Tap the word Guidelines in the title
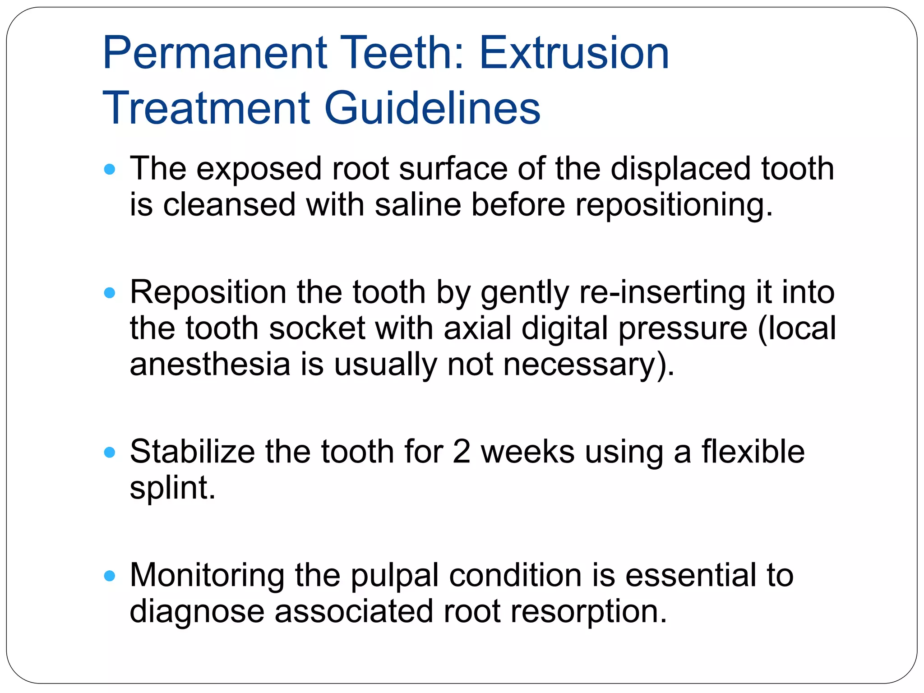pyautogui.click(x=432, y=108)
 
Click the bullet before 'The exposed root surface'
pyautogui.click(x=110, y=170)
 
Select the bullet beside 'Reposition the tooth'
pyautogui.click(x=110, y=293)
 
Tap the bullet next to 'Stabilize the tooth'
pyautogui.click(x=110, y=452)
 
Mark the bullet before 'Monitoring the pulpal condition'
pyautogui.click(x=110, y=576)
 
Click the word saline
pyautogui.click(x=418, y=204)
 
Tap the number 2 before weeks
pyautogui.click(x=461, y=452)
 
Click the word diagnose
pyautogui.click(x=197, y=612)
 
